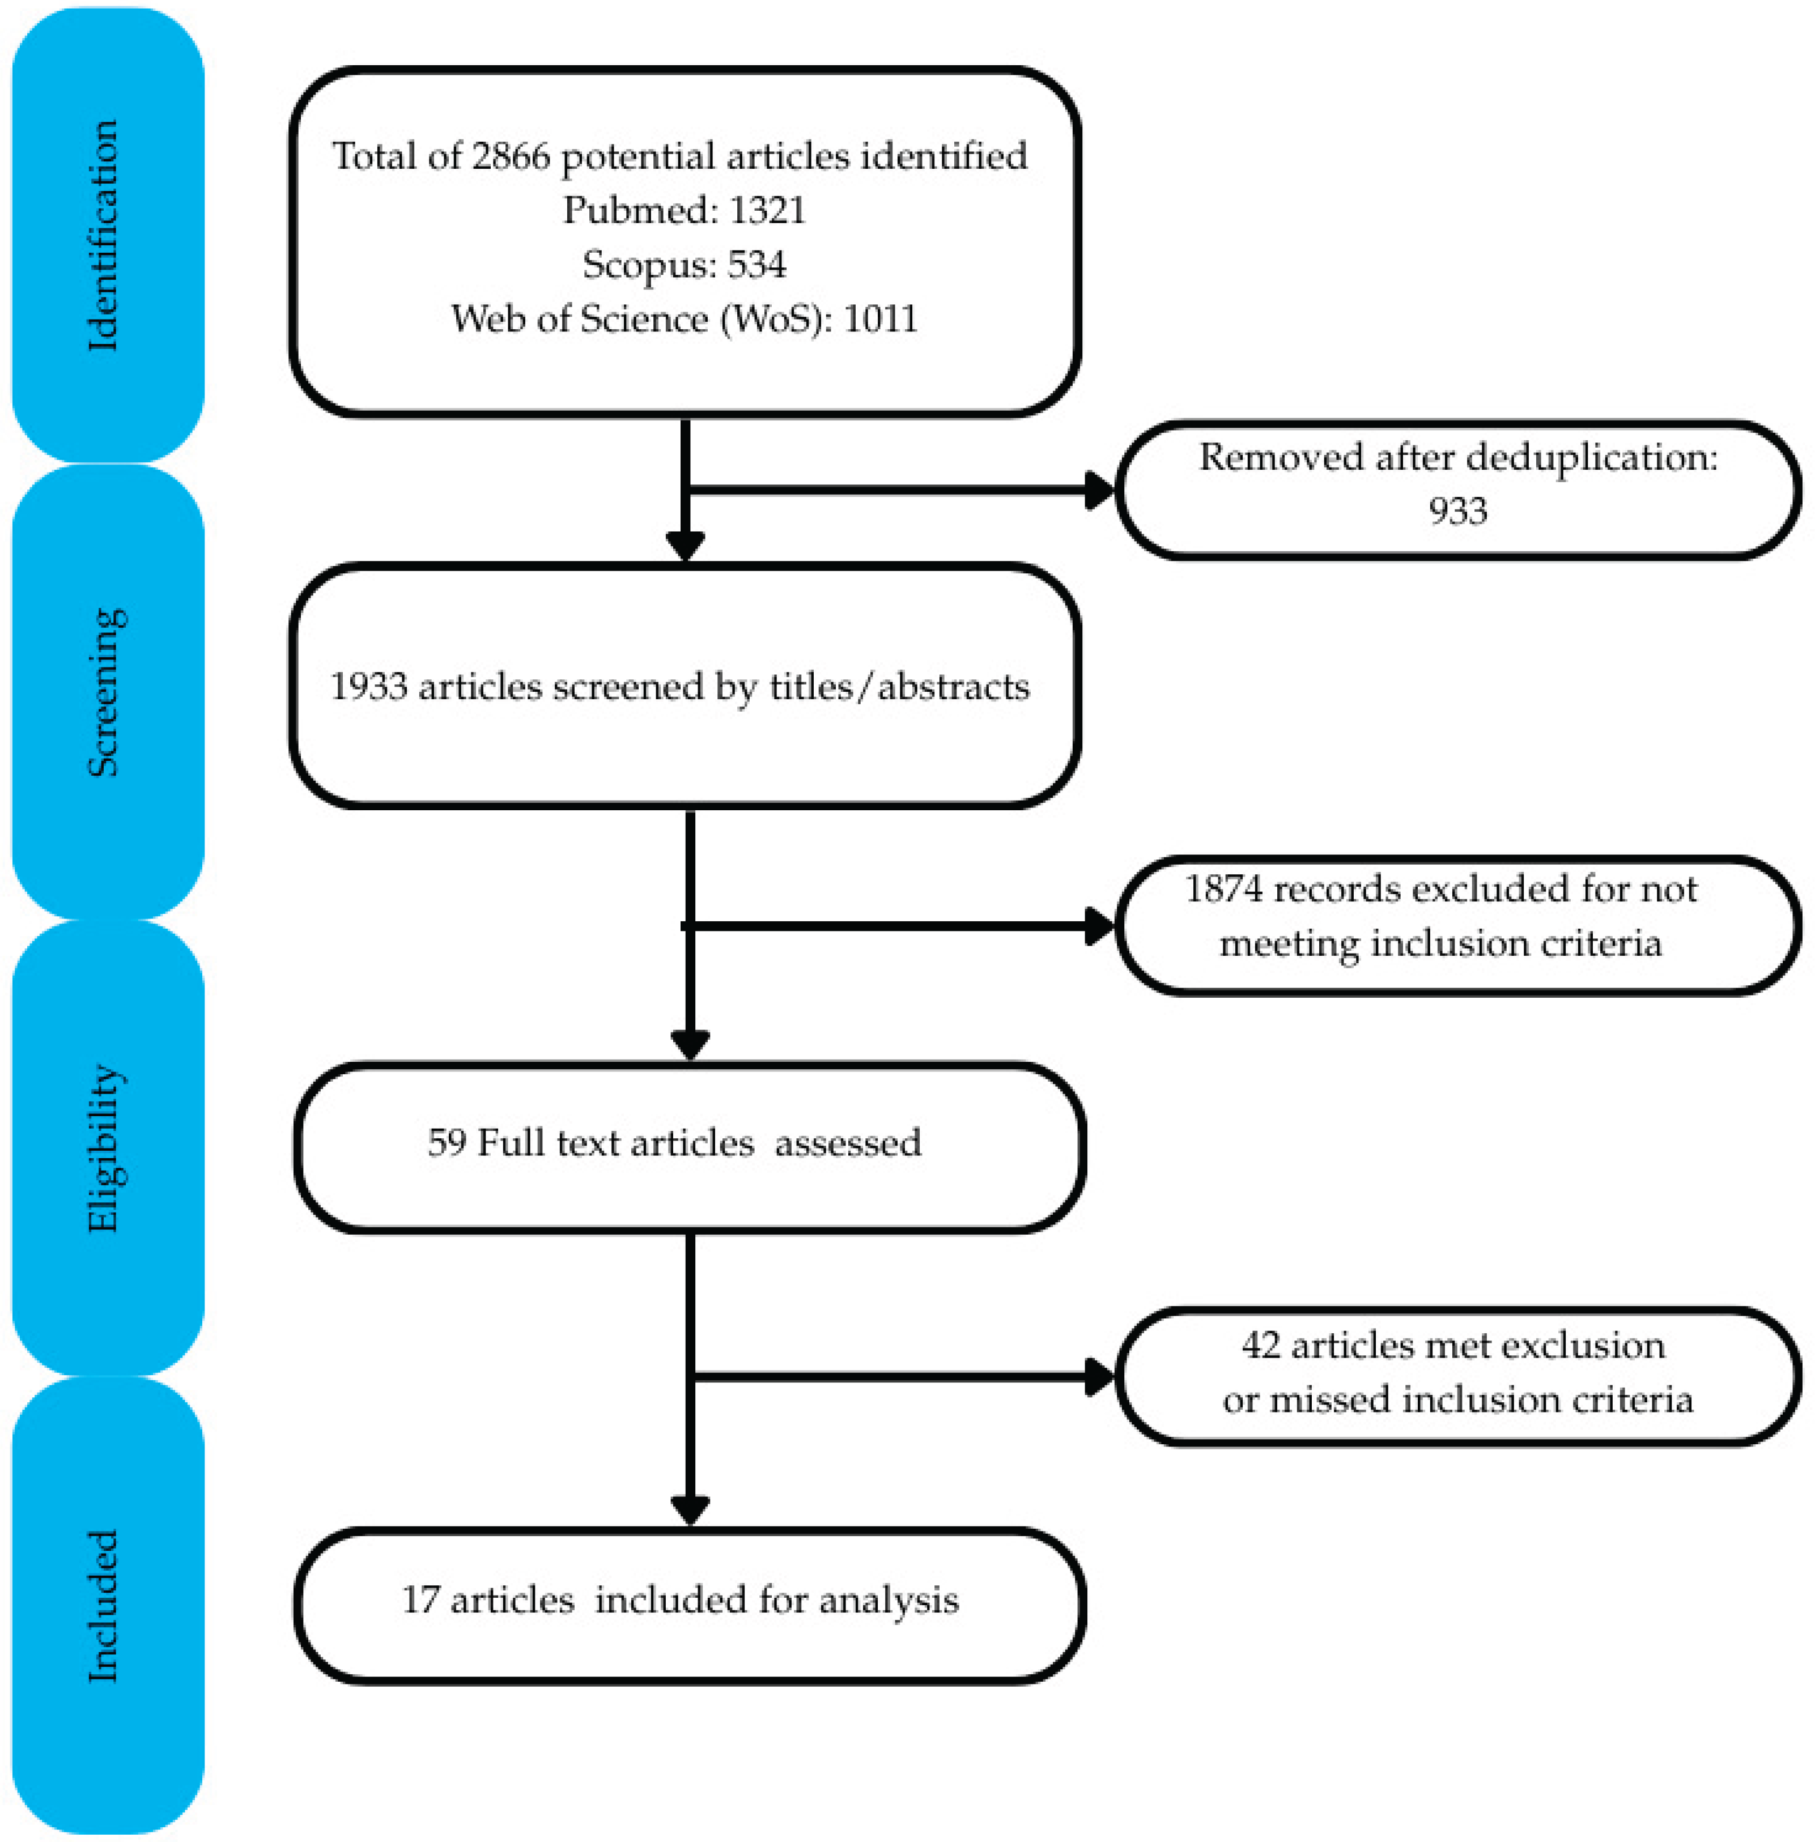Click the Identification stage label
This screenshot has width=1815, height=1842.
point(103,235)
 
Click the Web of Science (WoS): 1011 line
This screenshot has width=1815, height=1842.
point(683,319)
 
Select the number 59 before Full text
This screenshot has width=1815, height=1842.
point(446,1143)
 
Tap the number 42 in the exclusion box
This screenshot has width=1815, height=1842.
point(1260,1346)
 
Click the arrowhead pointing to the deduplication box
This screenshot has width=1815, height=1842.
point(1099,491)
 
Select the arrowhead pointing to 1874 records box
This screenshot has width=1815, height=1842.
point(1099,926)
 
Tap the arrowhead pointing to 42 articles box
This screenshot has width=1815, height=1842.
point(1099,1377)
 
